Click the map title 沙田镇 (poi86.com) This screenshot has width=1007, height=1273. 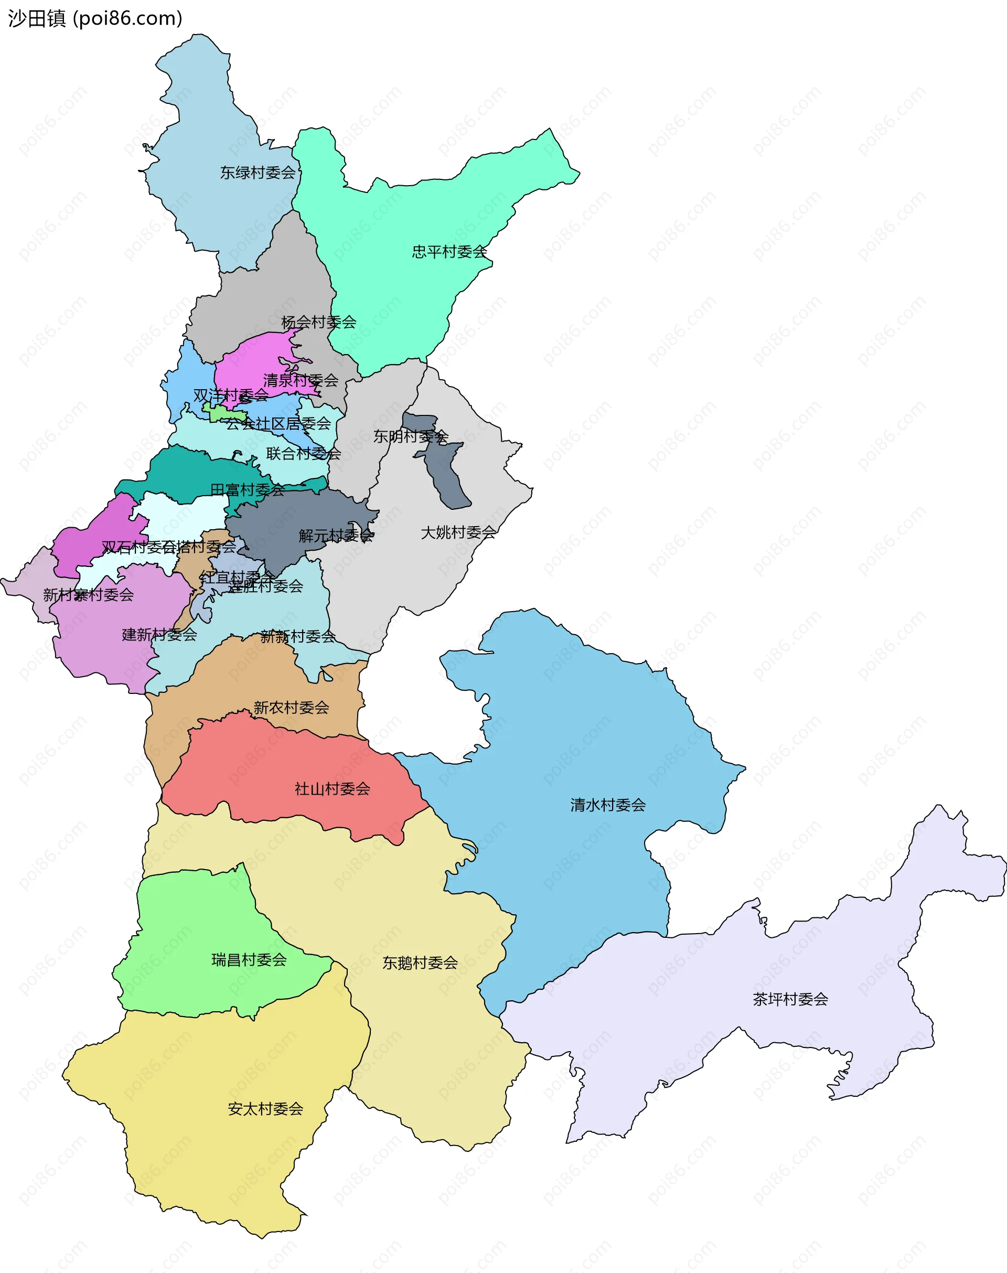point(95,19)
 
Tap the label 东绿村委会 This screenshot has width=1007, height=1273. point(258,173)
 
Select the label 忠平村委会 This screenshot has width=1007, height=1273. point(449,252)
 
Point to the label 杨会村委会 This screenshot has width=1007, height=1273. point(318,323)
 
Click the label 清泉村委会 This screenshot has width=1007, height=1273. point(301,381)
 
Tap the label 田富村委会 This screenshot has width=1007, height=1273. point(247,490)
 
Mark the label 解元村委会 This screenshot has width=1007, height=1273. point(336,536)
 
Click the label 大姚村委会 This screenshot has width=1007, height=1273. point(458,533)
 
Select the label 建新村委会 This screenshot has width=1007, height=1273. point(159,635)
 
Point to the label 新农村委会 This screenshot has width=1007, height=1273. point(291,708)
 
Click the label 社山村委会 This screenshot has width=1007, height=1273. point(333,789)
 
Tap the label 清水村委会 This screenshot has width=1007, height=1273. point(608,805)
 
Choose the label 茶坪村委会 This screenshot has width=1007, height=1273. point(790,999)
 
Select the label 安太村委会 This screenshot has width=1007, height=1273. point(265,1109)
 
